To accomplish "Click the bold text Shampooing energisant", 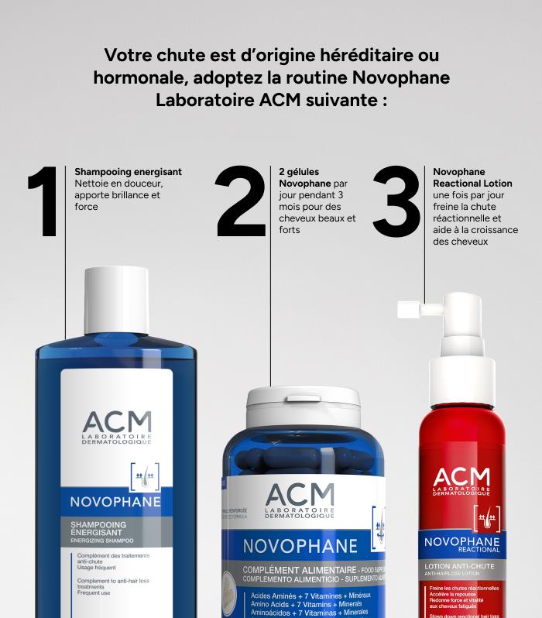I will (128, 171).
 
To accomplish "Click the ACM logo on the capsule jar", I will (300, 498).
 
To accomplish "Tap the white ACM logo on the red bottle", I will (461, 479).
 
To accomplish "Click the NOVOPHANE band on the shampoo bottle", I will (115, 501).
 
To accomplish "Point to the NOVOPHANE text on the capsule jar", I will (300, 545).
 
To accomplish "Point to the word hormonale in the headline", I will (135, 78).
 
